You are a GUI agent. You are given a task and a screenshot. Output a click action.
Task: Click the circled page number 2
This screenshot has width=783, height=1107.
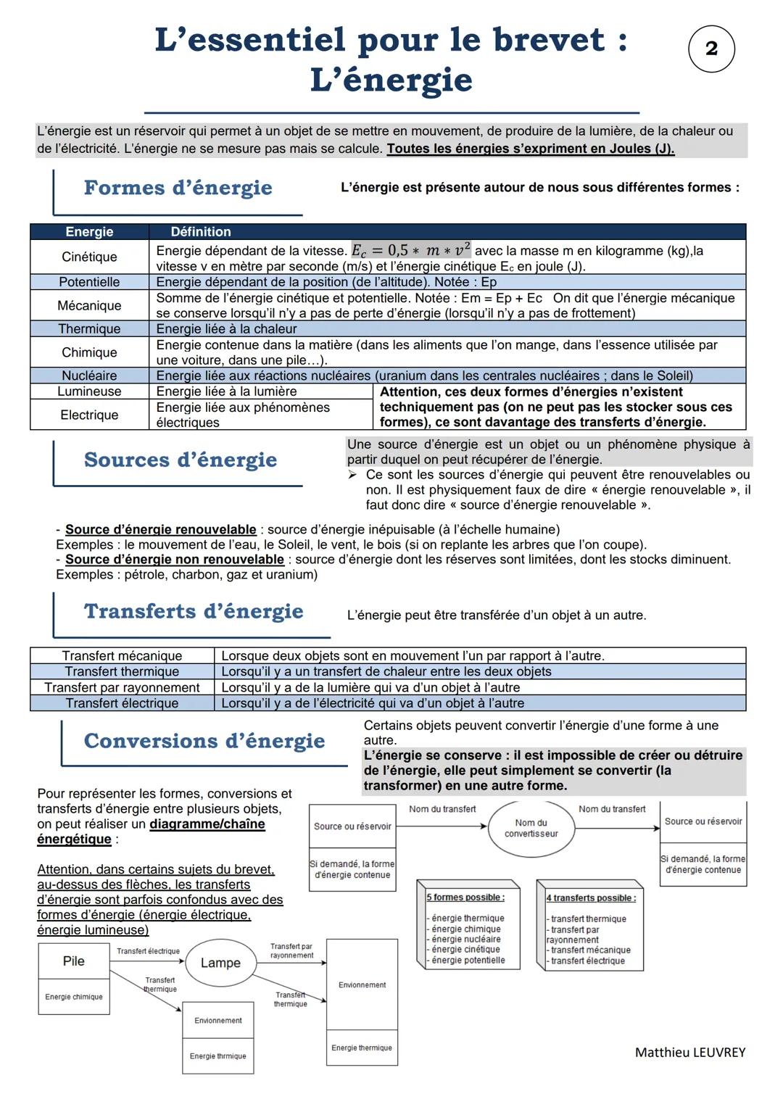point(711,49)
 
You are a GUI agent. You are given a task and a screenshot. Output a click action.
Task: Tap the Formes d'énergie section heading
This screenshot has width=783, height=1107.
point(178,188)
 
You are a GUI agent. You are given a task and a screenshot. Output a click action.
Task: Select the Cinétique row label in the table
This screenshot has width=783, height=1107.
point(89,257)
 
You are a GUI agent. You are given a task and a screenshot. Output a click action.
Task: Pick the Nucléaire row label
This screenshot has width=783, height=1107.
point(89,376)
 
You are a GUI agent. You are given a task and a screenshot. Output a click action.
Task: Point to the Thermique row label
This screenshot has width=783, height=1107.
point(89,329)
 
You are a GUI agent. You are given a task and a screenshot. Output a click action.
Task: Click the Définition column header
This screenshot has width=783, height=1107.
point(201,232)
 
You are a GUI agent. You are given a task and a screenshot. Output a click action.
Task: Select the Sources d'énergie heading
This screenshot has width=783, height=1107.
point(181,460)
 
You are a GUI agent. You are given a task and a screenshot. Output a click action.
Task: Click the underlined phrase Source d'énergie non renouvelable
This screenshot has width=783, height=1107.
point(174,560)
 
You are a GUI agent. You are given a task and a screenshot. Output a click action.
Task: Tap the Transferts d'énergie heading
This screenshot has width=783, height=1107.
point(194,611)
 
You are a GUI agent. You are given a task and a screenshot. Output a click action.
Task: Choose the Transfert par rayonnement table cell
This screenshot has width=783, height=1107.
point(122,687)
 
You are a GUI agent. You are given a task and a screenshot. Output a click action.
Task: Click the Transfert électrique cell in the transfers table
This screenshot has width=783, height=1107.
point(122,703)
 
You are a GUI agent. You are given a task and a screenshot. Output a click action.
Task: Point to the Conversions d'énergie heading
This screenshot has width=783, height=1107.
point(204,741)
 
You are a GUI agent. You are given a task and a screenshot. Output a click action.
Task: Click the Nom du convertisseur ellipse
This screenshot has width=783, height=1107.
point(531,828)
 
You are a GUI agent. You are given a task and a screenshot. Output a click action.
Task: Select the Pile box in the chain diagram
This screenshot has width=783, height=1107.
point(74,961)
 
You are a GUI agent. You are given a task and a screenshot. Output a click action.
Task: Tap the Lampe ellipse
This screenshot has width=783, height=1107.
point(220,963)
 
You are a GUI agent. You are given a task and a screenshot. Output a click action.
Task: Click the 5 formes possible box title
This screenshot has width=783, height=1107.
point(465,897)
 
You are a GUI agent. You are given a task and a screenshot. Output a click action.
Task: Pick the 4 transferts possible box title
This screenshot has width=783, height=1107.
point(591,898)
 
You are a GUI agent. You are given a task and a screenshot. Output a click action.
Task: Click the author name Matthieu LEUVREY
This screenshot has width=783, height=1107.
point(689,1052)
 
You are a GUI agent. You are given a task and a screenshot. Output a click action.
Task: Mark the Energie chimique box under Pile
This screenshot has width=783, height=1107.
point(74,997)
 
